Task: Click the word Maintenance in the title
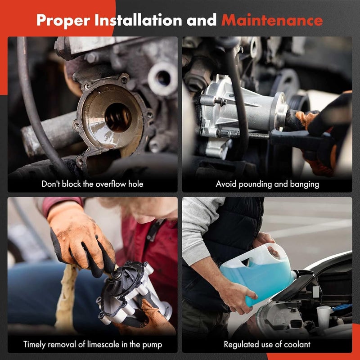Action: point(272,20)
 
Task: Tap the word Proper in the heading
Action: point(61,20)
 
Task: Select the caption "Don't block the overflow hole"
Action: point(92,184)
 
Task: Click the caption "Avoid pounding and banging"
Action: point(267,184)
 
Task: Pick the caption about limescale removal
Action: point(92,345)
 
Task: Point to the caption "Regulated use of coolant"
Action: point(267,345)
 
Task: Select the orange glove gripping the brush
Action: point(79,238)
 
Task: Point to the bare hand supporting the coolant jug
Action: point(238,297)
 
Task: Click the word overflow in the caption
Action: point(108,184)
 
